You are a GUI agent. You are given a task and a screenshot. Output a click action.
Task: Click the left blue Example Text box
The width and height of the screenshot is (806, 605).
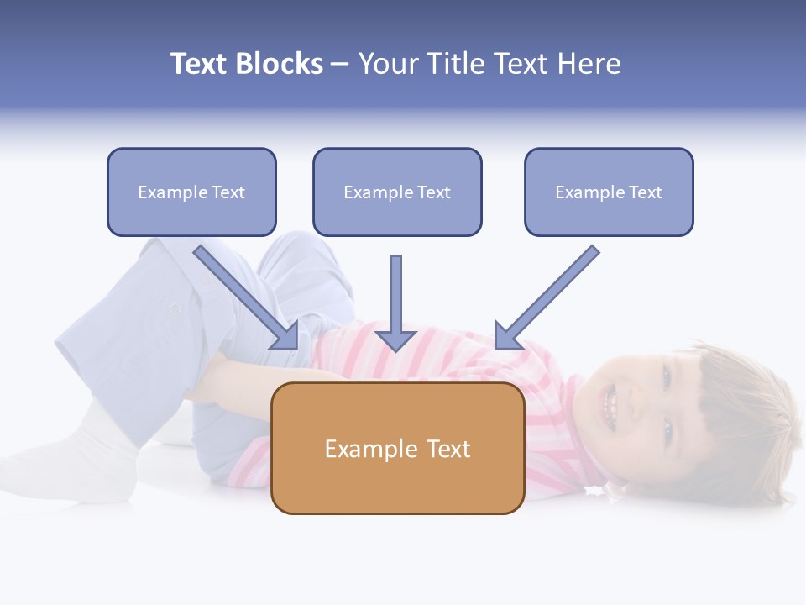click(x=191, y=192)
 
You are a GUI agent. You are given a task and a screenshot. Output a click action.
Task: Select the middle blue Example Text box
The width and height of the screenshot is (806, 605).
click(x=397, y=192)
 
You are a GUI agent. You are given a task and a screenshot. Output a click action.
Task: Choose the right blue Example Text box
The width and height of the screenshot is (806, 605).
click(x=609, y=192)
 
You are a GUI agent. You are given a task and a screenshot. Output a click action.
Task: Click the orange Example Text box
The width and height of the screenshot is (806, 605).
click(x=397, y=448)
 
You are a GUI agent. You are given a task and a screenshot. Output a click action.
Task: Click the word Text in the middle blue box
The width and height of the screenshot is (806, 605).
click(x=434, y=192)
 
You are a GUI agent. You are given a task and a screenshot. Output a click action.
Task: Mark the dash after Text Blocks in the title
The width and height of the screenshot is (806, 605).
click(x=340, y=64)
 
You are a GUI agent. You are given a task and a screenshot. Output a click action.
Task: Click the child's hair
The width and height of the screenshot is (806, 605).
click(x=739, y=420)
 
